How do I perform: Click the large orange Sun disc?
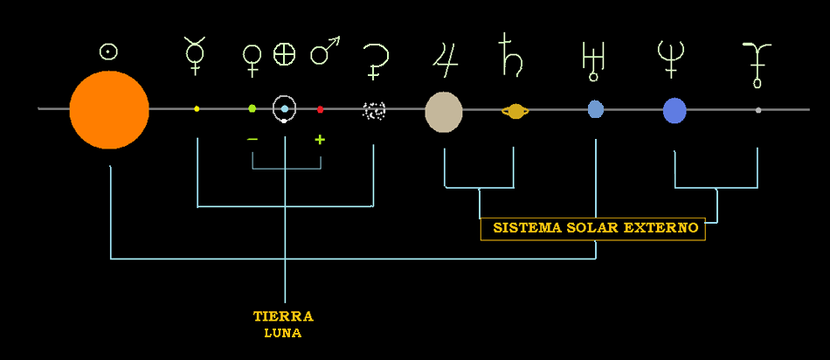(109, 110)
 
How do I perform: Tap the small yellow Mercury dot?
(197, 109)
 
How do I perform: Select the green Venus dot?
(252, 108)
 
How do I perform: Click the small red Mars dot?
(321, 109)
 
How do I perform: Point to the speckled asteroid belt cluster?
(374, 110)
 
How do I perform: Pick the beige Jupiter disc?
(444, 112)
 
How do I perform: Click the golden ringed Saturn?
(515, 111)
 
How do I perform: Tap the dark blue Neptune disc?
(674, 111)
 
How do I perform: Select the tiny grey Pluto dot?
(757, 110)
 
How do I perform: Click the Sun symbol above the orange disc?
(108, 51)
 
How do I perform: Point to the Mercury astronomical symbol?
(194, 54)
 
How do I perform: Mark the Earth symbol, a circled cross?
(285, 54)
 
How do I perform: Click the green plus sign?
(320, 140)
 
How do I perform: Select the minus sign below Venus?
(252, 139)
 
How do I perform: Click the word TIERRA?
(283, 316)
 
